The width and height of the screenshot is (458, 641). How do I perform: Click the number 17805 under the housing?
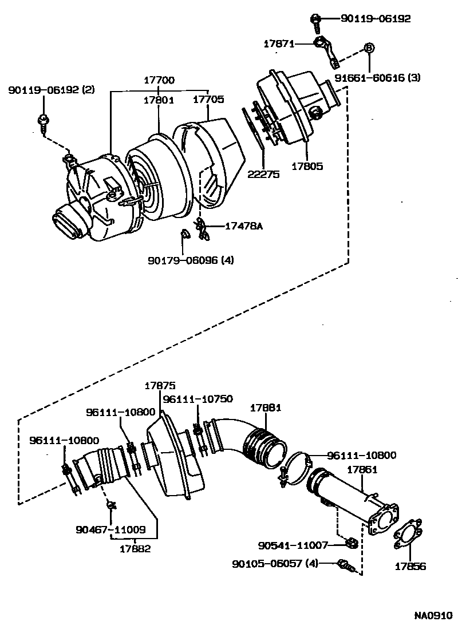point(307,167)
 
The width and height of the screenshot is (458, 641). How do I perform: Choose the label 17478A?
point(243,226)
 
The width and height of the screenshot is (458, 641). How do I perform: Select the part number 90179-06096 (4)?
point(191,260)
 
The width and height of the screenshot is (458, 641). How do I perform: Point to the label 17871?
point(279,43)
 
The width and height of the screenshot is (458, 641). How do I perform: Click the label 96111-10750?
point(198,399)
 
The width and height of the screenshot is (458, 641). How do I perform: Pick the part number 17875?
point(160,386)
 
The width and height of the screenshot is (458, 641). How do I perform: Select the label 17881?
point(265,408)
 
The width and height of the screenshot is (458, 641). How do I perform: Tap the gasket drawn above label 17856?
point(408,535)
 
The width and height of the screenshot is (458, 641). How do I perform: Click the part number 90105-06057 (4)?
point(275,564)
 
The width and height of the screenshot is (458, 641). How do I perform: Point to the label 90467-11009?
point(110,530)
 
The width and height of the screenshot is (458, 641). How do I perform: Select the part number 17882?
point(135,548)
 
